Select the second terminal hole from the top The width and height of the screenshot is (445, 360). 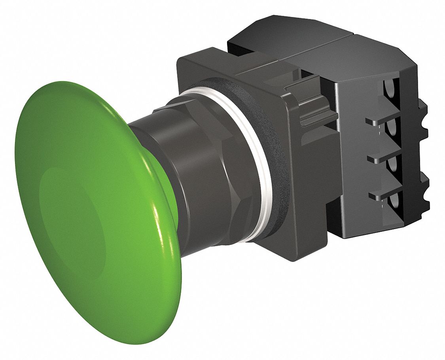pyautogui.click(x=393, y=129)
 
